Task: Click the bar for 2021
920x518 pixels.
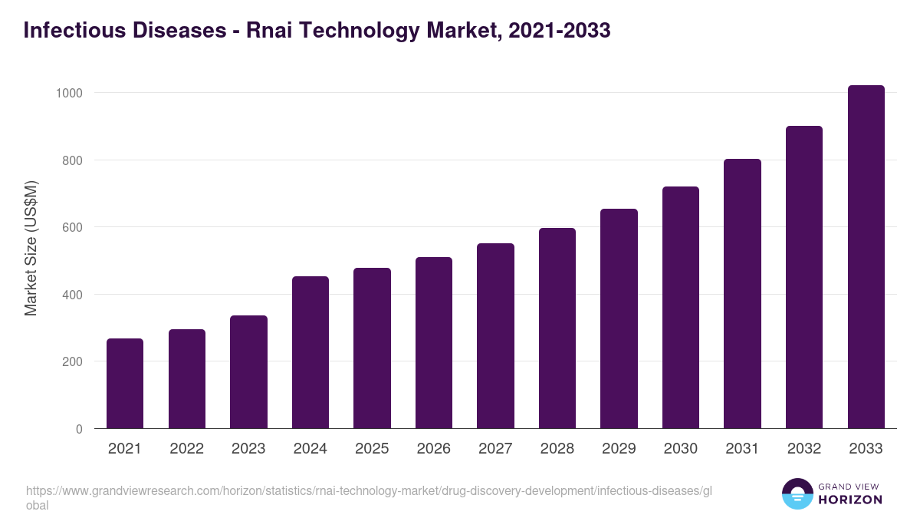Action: [x=125, y=384]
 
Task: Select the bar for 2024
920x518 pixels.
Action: [x=310, y=352]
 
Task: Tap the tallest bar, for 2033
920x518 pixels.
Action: [x=866, y=257]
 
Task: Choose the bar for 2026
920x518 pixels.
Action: [x=434, y=343]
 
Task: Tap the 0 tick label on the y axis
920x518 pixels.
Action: [x=79, y=429]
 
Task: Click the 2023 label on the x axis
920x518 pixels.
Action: [x=248, y=449]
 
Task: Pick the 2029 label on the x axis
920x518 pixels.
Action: [x=619, y=449]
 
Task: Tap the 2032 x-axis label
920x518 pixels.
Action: [x=804, y=449]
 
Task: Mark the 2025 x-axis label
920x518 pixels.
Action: [x=372, y=449]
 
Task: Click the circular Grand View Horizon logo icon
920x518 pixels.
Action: [x=797, y=493]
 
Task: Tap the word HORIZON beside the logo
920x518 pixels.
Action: [x=850, y=500]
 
